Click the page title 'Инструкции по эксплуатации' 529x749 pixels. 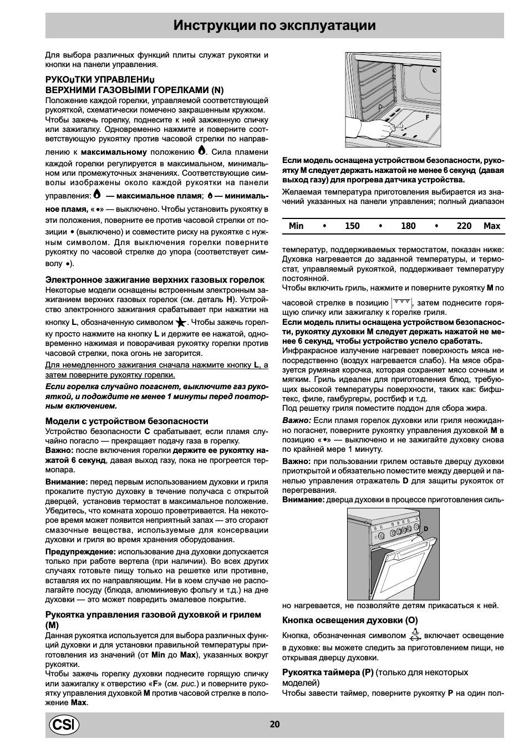coord(274,26)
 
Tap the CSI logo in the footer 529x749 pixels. coord(64,725)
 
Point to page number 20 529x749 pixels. coord(275,724)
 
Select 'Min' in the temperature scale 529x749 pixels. coord(296,226)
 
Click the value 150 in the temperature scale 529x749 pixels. coord(352,226)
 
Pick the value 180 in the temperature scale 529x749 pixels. coord(408,226)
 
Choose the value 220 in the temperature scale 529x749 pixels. coord(464,226)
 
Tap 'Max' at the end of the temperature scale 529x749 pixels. coord(492,226)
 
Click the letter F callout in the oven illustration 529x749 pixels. coord(428,118)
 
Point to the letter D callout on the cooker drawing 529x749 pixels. coord(426,529)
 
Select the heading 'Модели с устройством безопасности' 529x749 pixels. coord(126,421)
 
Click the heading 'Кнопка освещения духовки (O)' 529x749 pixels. coord(350,620)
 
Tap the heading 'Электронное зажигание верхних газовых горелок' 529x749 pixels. coord(155,279)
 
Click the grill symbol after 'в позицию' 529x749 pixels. coord(401,302)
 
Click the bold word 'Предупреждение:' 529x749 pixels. coord(80,552)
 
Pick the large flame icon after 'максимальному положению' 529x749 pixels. coord(202,150)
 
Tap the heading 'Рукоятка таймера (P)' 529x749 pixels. coord(328,672)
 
